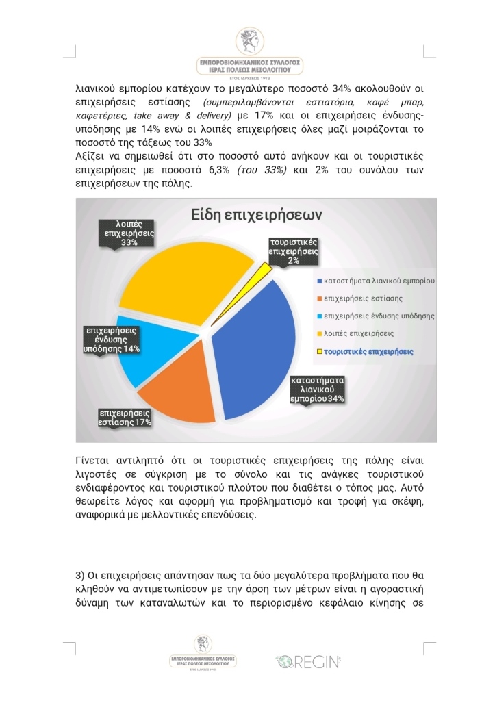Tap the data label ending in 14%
111,340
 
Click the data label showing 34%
317,390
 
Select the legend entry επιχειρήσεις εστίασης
363,298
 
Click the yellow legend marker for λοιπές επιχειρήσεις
318,334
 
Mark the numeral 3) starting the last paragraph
79,574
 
